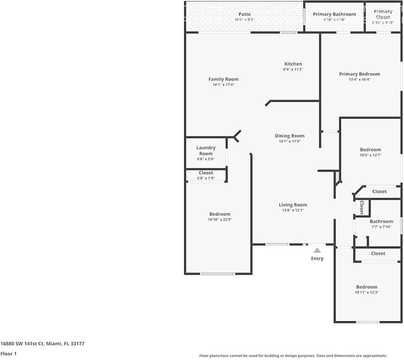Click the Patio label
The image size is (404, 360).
[244, 14]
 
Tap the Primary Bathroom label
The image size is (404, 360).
[335, 14]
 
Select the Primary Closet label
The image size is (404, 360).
[383, 14]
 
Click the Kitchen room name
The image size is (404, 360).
[293, 64]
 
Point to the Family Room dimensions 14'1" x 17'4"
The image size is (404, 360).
[223, 85]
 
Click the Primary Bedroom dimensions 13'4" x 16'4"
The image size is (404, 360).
[360, 80]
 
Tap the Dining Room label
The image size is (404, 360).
[290, 136]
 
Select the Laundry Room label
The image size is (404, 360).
[206, 151]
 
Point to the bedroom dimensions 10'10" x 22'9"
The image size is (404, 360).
[220, 220]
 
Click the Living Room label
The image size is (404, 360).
[293, 205]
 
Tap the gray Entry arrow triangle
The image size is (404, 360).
[317, 250]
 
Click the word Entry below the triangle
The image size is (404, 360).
[317, 258]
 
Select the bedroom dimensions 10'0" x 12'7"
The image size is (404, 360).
[370, 155]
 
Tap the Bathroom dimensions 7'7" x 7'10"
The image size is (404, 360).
[381, 227]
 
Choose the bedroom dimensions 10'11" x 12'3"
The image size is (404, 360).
[367, 292]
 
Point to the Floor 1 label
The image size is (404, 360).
[8, 354]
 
